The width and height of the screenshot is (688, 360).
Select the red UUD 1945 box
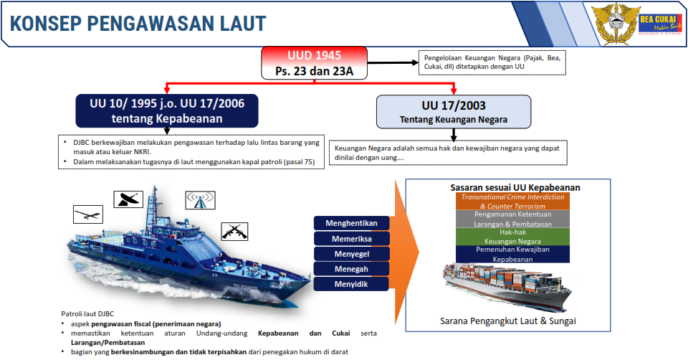tap(314, 63)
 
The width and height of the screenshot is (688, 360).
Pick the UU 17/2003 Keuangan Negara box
tap(454, 111)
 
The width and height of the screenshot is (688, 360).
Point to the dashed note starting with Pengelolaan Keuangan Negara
tap(492, 62)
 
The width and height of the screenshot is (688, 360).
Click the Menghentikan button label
tap(351, 223)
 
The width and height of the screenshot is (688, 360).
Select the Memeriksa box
tap(351, 238)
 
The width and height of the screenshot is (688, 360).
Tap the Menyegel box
tap(351, 254)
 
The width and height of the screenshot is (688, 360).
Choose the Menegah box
tap(351, 269)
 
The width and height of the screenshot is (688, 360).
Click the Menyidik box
tap(351, 284)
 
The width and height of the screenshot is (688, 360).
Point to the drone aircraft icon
tap(88, 214)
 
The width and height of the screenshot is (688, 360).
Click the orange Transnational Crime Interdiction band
tap(512, 201)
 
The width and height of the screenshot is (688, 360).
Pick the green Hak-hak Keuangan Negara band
tap(512, 237)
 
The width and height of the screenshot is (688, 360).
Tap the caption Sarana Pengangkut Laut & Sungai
tap(507, 321)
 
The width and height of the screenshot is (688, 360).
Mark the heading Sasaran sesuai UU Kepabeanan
tap(515, 187)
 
